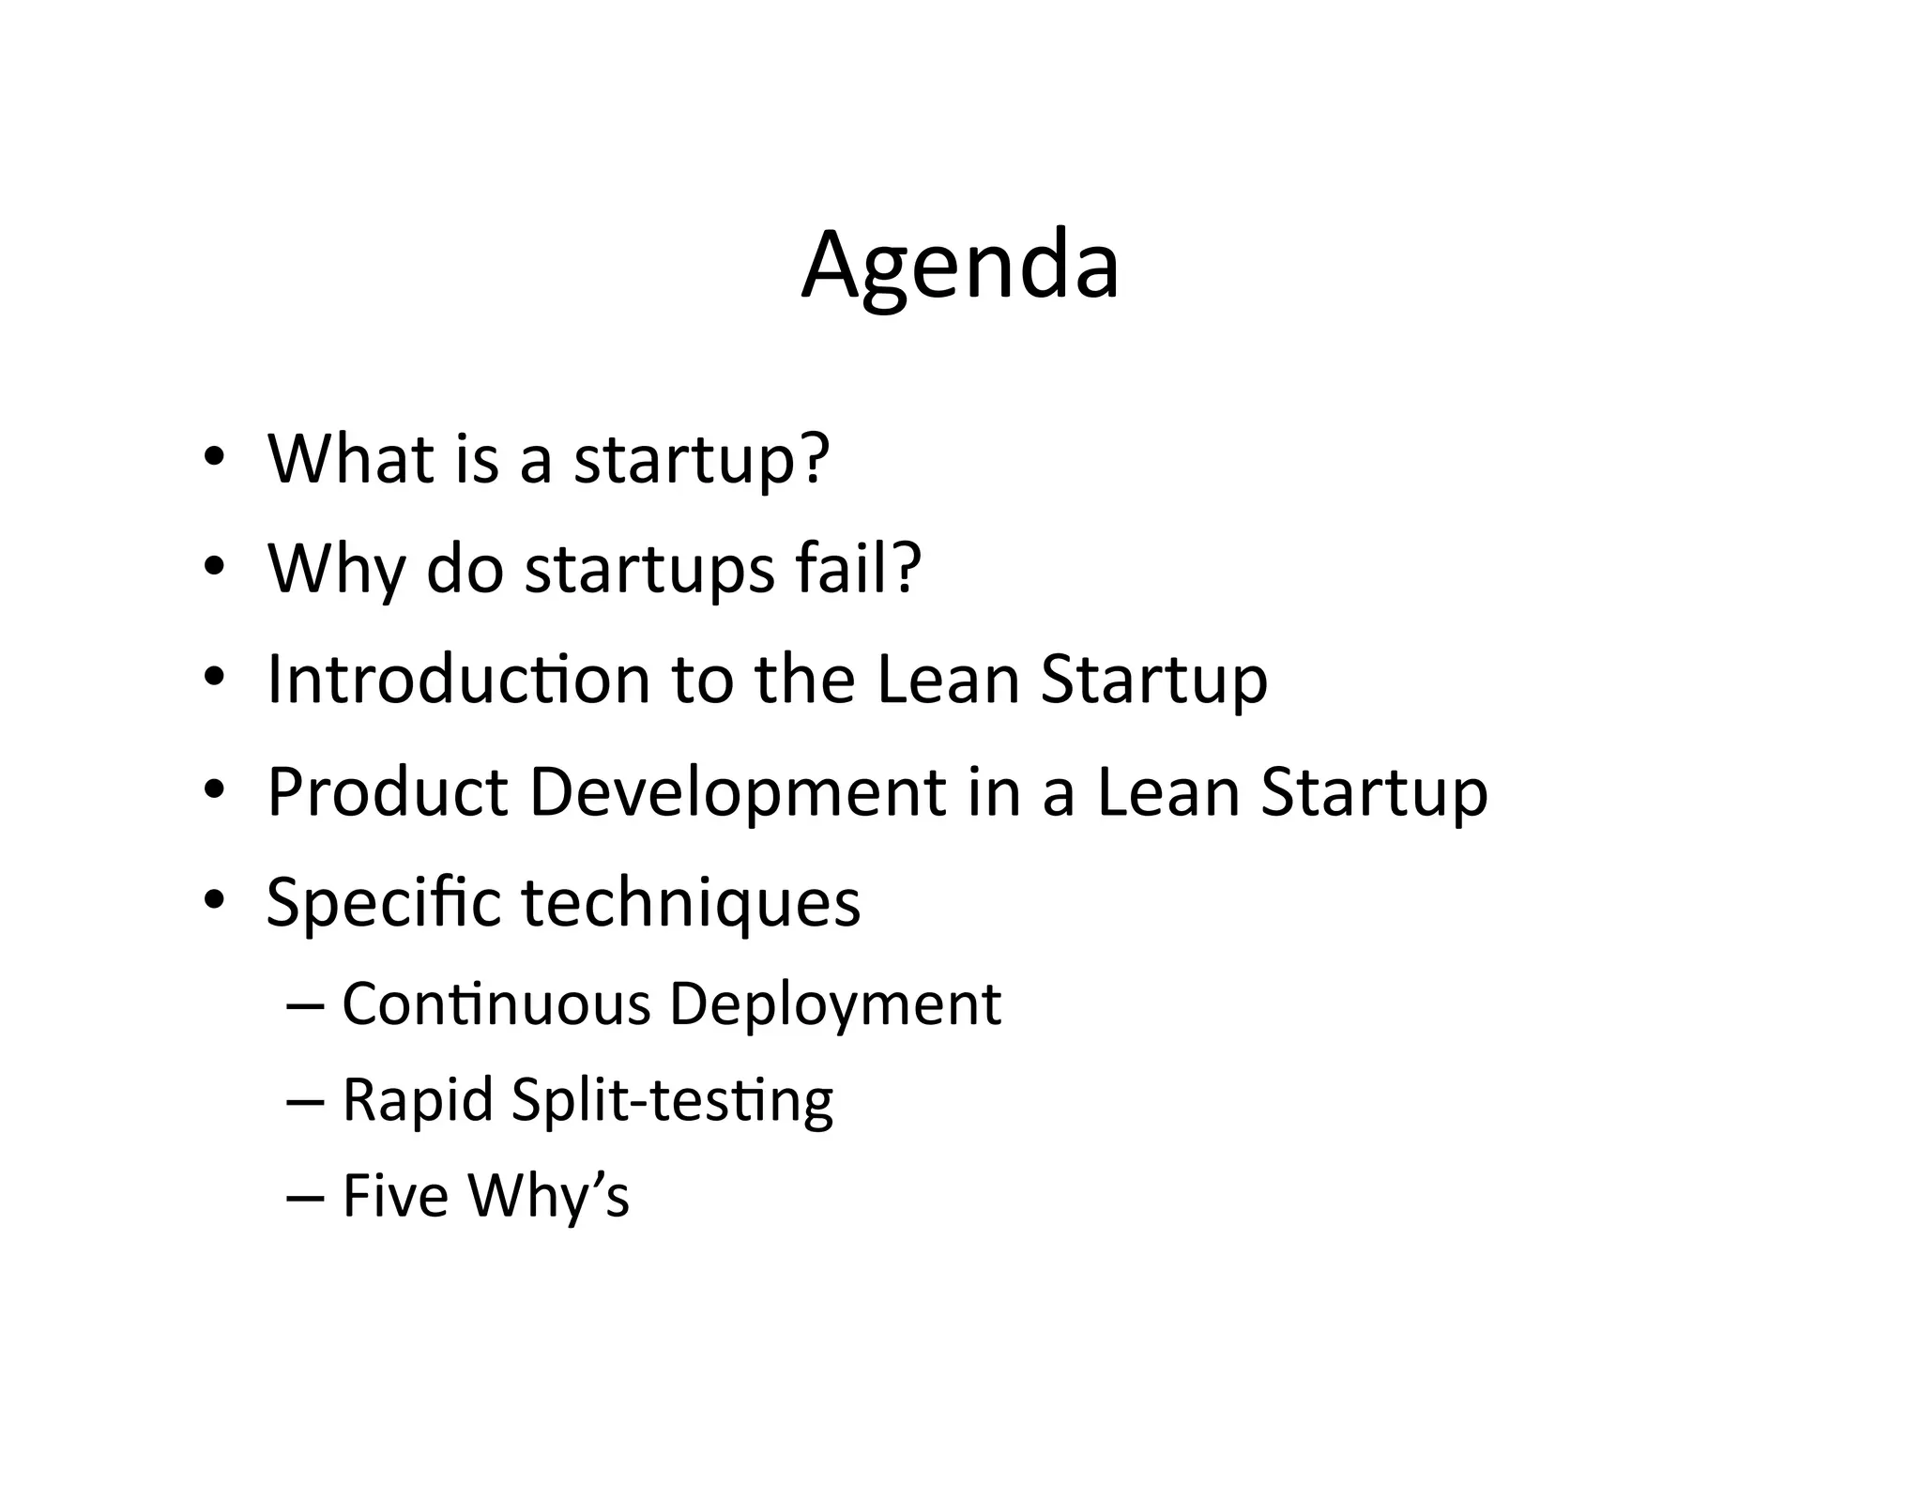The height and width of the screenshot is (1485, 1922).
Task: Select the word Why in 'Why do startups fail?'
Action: pyautogui.click(x=336, y=570)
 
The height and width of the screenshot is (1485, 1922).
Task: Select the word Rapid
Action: pyautogui.click(x=418, y=1100)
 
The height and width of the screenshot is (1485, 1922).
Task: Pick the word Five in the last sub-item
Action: pyautogui.click(x=395, y=1195)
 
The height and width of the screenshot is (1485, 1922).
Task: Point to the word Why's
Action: pyautogui.click(x=549, y=1197)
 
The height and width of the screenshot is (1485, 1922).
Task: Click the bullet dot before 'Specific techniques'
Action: pyautogui.click(x=214, y=901)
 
